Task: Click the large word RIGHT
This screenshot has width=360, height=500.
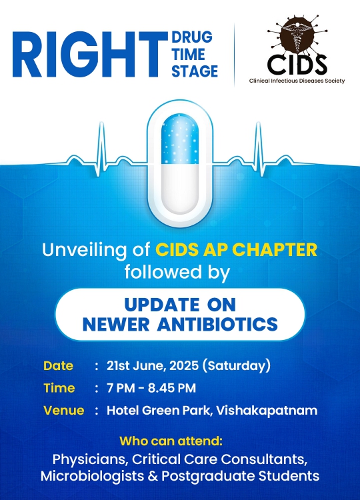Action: point(90,55)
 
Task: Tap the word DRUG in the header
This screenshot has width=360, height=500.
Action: point(192,37)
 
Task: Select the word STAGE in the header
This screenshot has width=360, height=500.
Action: point(195,71)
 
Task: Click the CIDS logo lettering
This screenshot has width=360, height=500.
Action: point(297,64)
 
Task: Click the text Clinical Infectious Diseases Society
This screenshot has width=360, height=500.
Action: point(297,81)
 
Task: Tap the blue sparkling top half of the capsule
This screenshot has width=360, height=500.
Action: point(180,139)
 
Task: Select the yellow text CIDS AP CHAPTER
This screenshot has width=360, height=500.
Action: point(236,250)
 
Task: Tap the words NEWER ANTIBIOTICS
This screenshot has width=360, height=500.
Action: point(180,325)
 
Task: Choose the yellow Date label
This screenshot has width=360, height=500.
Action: point(59,366)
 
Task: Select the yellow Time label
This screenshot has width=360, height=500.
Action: point(59,388)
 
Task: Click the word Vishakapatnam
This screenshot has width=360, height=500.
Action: point(267,411)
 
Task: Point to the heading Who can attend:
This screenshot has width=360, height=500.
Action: point(171,441)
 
